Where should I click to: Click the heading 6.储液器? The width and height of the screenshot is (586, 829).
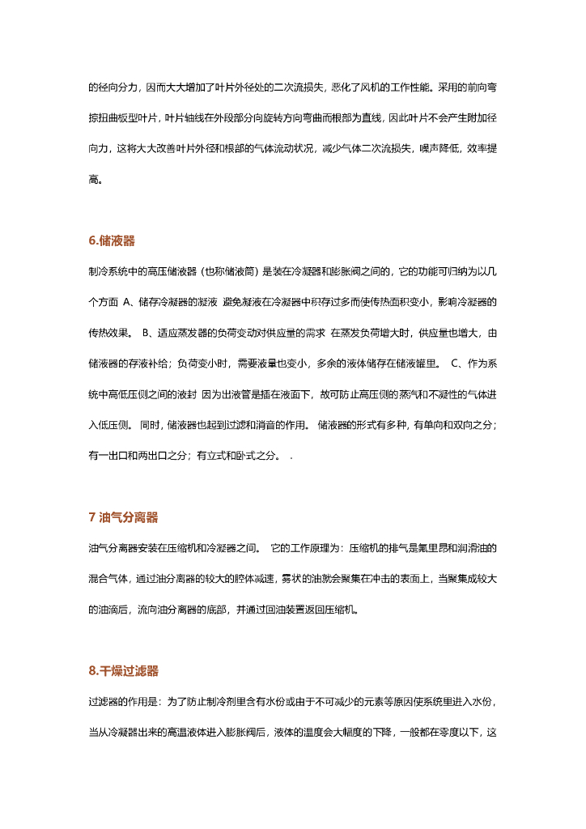pyautogui.click(x=112, y=240)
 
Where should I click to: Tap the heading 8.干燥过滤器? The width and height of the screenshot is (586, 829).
pyautogui.click(x=123, y=670)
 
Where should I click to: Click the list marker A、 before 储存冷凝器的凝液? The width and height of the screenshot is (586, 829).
pyautogui.click(x=129, y=303)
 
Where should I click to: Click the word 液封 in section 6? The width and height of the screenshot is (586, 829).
pyautogui.click(x=185, y=393)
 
